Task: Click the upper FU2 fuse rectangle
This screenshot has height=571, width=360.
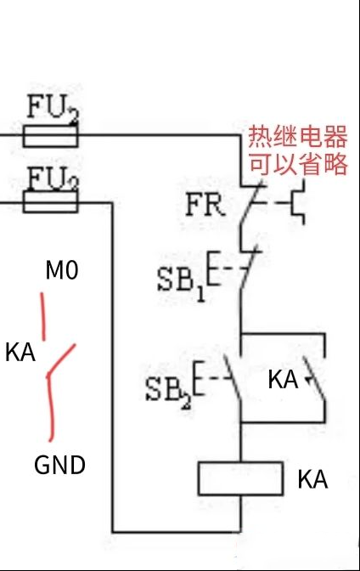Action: [x=51, y=136]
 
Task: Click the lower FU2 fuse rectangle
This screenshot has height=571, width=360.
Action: [x=51, y=201]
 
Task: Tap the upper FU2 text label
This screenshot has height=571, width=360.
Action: [x=53, y=108]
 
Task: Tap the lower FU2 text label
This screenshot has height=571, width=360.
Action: [x=53, y=178]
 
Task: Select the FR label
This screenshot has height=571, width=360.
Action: [x=204, y=205]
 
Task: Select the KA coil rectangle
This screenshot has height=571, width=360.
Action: [x=240, y=478]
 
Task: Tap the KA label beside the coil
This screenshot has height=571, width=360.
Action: [x=312, y=479]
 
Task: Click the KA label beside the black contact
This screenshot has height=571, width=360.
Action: [x=283, y=380]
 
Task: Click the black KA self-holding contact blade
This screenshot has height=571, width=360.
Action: [x=314, y=379]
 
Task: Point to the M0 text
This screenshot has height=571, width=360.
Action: [x=62, y=270]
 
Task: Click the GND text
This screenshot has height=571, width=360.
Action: [x=59, y=465]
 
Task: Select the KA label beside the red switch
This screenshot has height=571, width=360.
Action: [x=20, y=352]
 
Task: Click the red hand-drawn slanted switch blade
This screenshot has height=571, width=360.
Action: [x=61, y=359]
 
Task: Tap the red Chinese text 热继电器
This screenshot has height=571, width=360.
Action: [x=298, y=137]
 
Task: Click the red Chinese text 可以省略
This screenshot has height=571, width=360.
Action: [x=298, y=163]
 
